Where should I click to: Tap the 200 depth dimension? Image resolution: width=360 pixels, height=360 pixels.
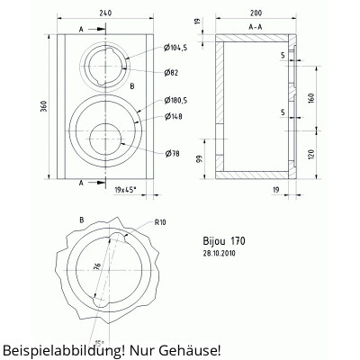pyautogui.click(x=256, y=13)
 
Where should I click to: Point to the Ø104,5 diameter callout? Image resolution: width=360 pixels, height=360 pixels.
pyautogui.click(x=177, y=48)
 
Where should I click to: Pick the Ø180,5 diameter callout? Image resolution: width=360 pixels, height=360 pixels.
pyautogui.click(x=179, y=101)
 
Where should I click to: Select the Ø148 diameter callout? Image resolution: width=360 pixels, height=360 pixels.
pyautogui.click(x=174, y=115)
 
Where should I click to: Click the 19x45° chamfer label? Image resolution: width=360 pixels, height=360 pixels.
pyautogui.click(x=129, y=190)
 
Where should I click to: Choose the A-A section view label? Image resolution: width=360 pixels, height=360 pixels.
pyautogui.click(x=256, y=29)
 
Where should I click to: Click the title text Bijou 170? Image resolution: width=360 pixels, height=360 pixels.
pyautogui.click(x=225, y=241)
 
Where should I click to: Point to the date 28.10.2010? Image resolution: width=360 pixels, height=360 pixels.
pyautogui.click(x=221, y=254)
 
